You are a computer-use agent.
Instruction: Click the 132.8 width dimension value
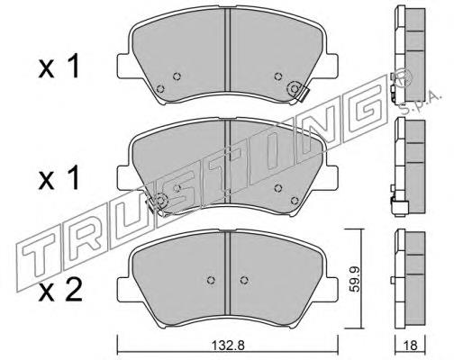(x=228, y=346)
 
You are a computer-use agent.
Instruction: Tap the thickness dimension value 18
(x=411, y=346)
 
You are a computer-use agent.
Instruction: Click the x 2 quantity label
(x=60, y=290)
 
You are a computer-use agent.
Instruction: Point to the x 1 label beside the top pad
(x=59, y=66)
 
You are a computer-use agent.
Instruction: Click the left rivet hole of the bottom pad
(x=212, y=280)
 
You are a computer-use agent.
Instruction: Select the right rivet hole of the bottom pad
(x=244, y=280)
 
